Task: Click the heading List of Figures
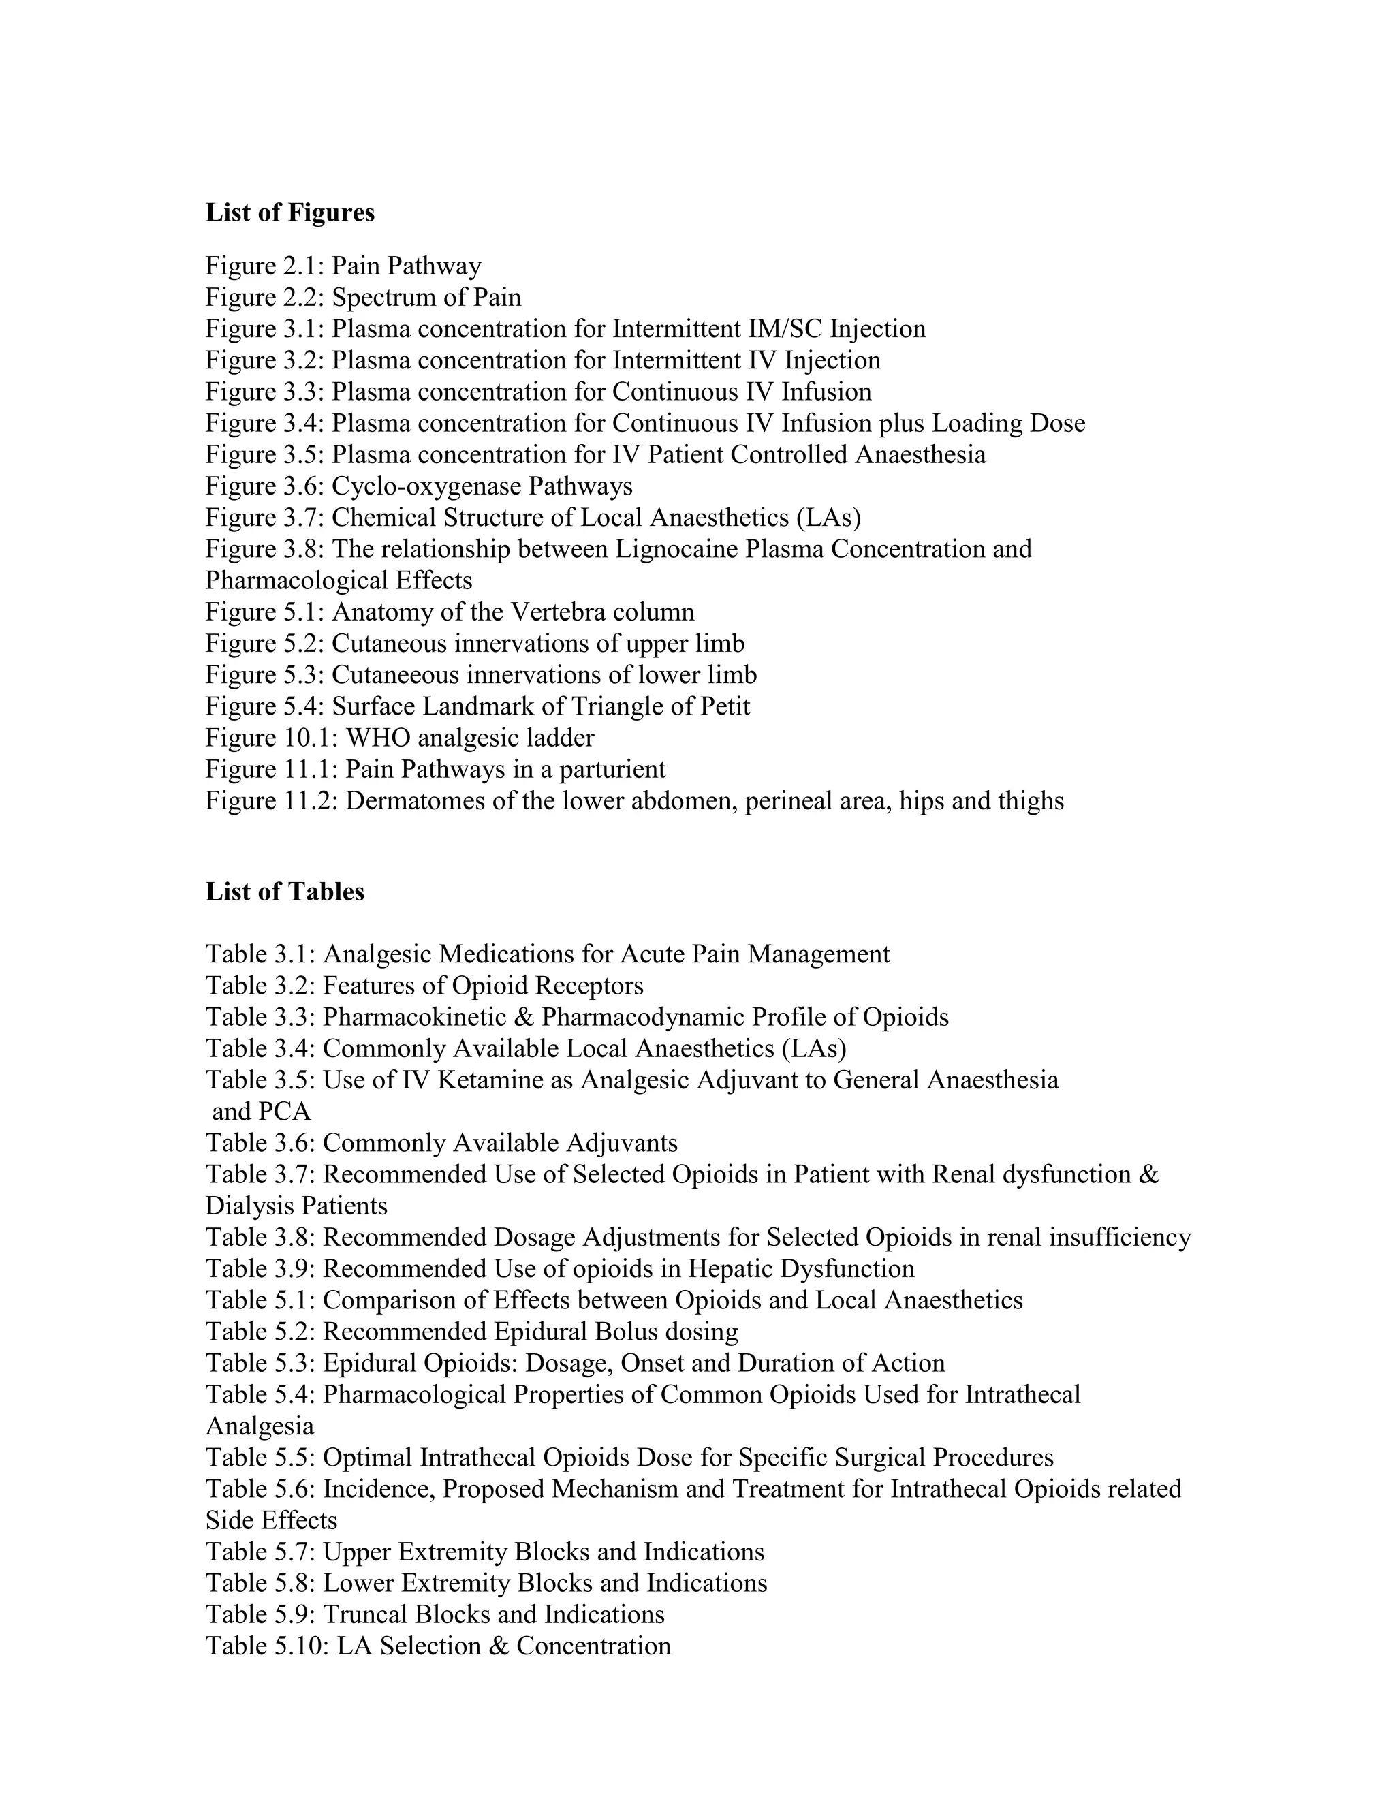point(289,213)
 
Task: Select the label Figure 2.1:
point(264,266)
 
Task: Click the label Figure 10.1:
point(271,738)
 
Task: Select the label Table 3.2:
point(260,986)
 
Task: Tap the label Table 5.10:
point(267,1646)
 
